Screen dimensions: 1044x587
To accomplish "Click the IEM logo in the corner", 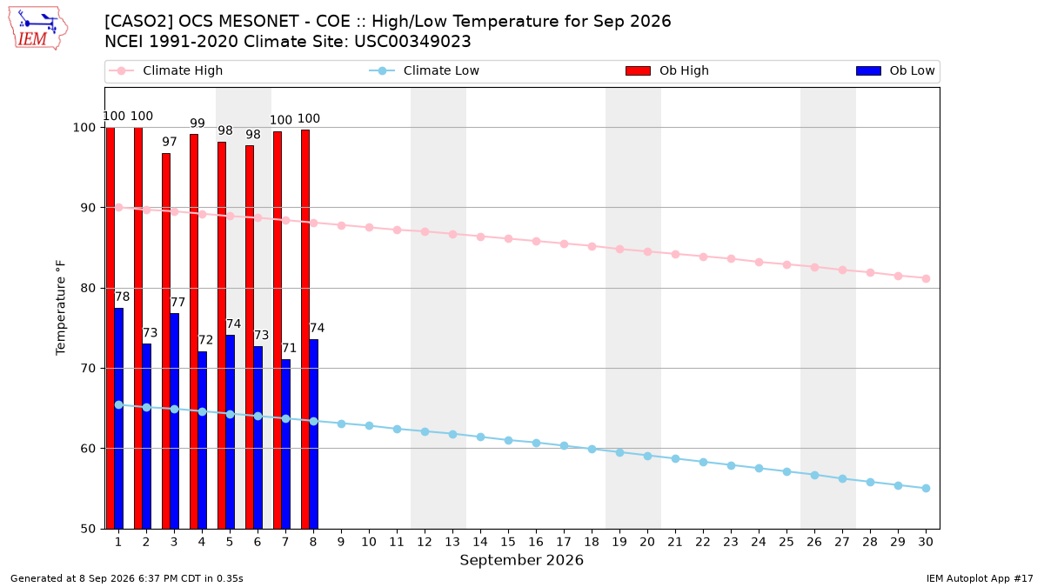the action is (x=38, y=29).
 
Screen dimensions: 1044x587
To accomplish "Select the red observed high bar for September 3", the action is (x=166, y=341).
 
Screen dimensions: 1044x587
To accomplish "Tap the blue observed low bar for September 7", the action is (x=285, y=444).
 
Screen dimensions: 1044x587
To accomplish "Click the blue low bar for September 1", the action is (x=119, y=418).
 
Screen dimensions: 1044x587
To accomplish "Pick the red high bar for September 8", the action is (x=305, y=330).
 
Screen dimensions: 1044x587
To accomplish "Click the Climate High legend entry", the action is (x=166, y=70).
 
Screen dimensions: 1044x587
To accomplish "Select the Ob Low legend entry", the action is (x=895, y=70).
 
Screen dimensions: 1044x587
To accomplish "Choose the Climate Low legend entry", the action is (x=425, y=70).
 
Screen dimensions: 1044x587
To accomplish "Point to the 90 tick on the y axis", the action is (x=88, y=208).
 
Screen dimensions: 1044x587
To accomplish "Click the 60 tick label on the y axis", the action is (x=88, y=449).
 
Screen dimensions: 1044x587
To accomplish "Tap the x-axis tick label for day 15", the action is (x=508, y=542).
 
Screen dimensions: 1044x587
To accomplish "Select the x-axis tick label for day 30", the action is (x=926, y=542).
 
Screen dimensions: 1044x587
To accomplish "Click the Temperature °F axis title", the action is (x=61, y=308).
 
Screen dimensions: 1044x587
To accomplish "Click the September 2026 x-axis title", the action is (x=521, y=560).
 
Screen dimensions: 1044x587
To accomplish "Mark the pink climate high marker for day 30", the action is (x=926, y=278).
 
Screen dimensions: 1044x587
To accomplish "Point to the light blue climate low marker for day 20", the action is (x=647, y=456).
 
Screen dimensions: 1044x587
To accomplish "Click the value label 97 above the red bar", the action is (x=169, y=142).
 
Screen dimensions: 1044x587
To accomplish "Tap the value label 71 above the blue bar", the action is (x=289, y=348).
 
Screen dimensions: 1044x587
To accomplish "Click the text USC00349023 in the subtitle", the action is (x=412, y=42).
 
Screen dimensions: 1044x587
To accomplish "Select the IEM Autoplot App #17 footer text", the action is (x=980, y=578).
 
